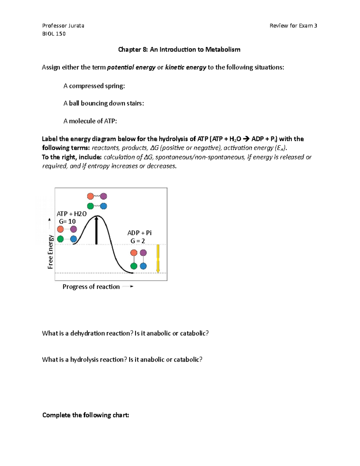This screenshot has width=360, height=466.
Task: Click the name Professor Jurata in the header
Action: pyautogui.click(x=63, y=26)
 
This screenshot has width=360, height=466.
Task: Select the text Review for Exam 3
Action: pyautogui.click(x=293, y=26)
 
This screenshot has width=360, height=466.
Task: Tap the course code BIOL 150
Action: pyautogui.click(x=54, y=34)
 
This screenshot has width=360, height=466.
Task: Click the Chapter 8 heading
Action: pyautogui.click(x=179, y=50)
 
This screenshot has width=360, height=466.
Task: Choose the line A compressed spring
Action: pyautogui.click(x=94, y=86)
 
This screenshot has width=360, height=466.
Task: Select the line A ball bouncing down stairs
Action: pyautogui.click(x=103, y=103)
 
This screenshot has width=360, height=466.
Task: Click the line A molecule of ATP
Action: pyautogui.click(x=90, y=121)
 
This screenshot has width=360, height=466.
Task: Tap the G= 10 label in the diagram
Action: pyautogui.click(x=67, y=221)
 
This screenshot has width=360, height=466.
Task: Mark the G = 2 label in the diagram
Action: pyautogui.click(x=138, y=241)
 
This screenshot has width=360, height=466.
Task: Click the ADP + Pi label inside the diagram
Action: pyautogui.click(x=139, y=233)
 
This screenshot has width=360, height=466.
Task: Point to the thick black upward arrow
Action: pyautogui.click(x=96, y=230)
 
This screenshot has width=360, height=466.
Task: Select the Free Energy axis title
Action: pyautogui.click(x=50, y=252)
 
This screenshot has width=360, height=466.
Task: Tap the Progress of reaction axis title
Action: pyautogui.click(x=91, y=287)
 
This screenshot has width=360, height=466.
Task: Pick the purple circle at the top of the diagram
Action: pyautogui.click(x=103, y=196)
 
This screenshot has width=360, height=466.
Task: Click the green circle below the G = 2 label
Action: pyautogui.click(x=134, y=266)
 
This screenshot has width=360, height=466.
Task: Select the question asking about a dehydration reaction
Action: pyautogui.click(x=125, y=333)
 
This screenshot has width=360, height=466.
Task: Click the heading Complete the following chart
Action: pyautogui.click(x=85, y=415)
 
